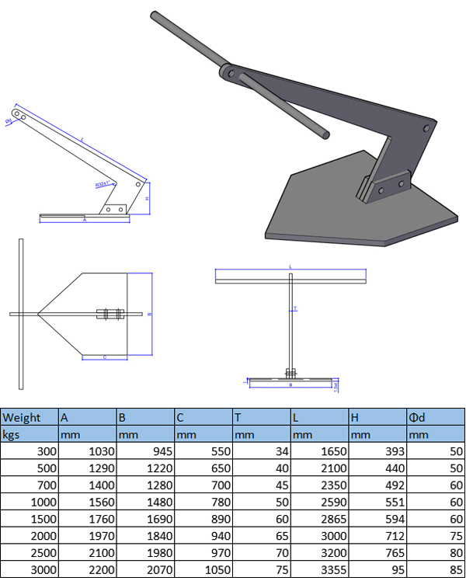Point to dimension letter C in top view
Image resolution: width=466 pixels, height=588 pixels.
[x=104, y=357]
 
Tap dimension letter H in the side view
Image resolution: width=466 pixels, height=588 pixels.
[x=148, y=199]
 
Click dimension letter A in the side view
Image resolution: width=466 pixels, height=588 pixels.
[x=84, y=221]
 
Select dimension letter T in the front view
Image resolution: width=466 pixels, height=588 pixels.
[x=295, y=308]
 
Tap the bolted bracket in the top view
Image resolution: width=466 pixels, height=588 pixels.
[x=110, y=315]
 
